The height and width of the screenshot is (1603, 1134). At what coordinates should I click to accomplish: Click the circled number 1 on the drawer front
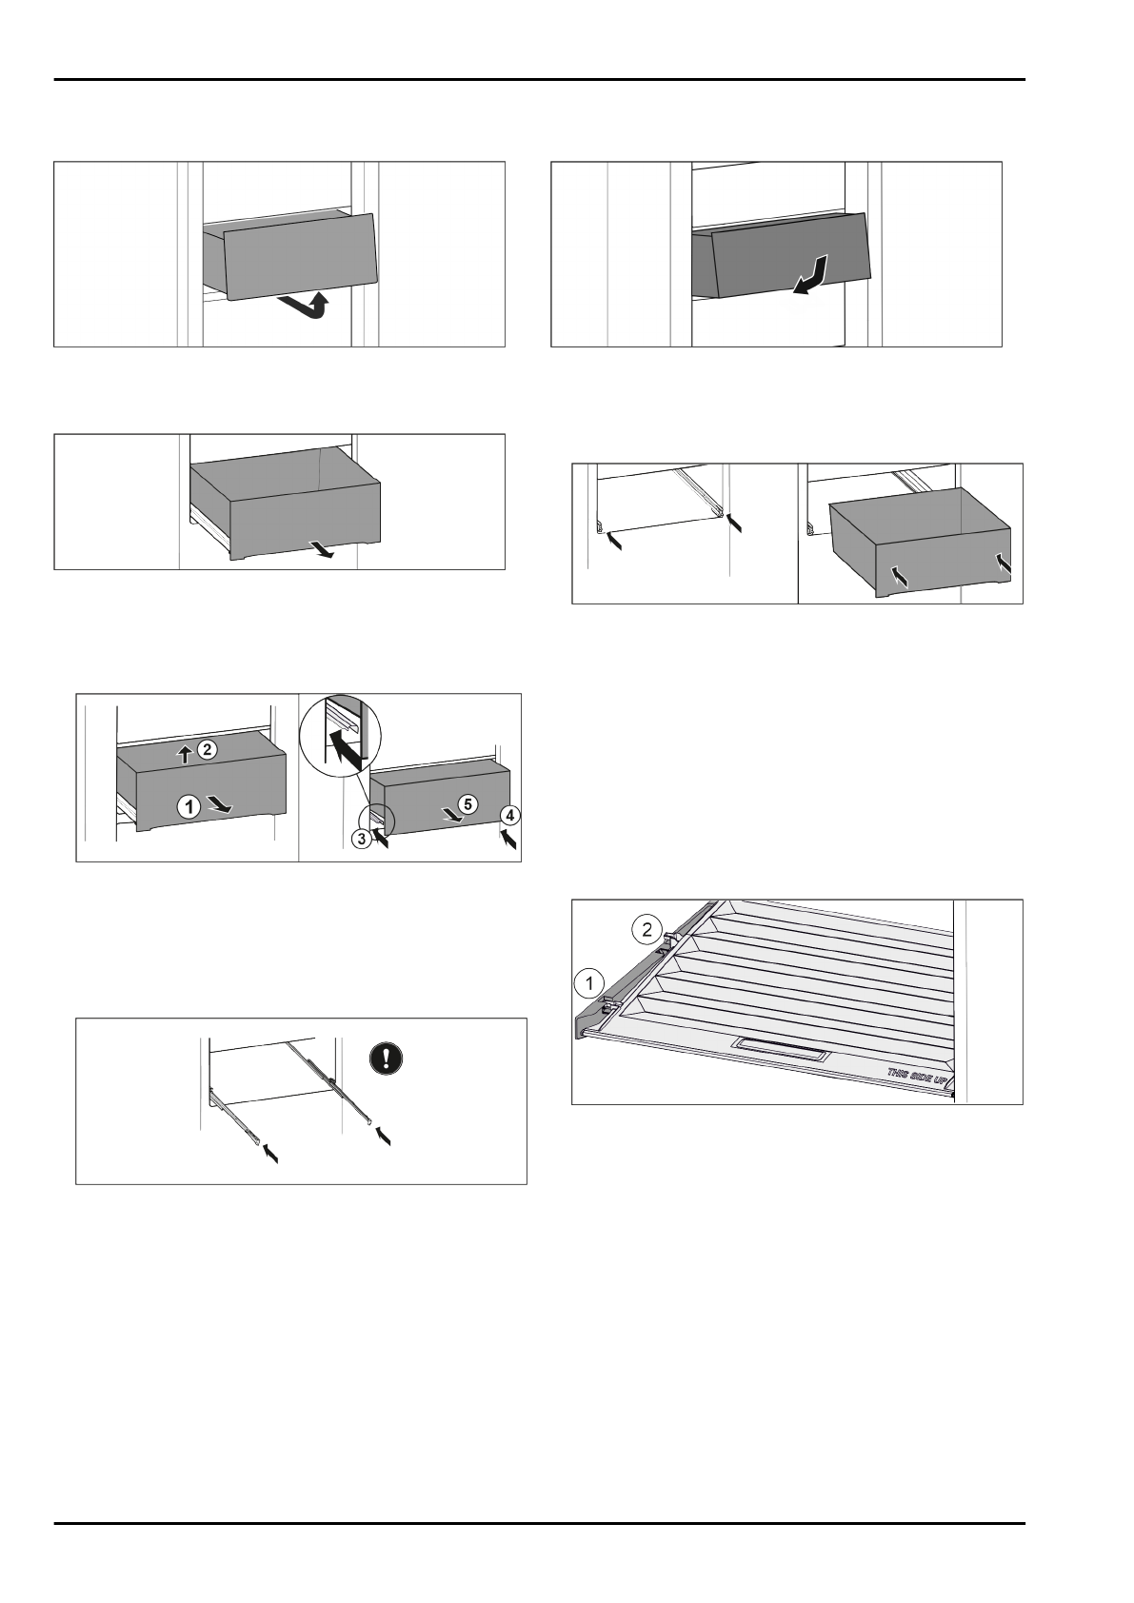[x=189, y=806]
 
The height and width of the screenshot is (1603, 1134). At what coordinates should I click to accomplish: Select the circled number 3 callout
[x=363, y=840]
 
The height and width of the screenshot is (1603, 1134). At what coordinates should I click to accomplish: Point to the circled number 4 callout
[x=511, y=816]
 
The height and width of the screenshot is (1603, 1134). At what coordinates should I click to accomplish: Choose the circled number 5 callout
[x=466, y=804]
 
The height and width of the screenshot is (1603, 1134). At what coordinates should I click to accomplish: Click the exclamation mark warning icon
[x=386, y=1059]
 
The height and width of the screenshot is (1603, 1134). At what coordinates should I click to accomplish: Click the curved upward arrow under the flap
[x=308, y=307]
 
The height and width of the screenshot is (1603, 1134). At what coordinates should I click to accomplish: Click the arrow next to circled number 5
[x=445, y=814]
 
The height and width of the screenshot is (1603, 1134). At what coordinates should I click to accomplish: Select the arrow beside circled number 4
[x=509, y=839]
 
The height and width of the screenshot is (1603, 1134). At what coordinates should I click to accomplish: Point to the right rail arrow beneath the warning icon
[x=383, y=1135]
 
